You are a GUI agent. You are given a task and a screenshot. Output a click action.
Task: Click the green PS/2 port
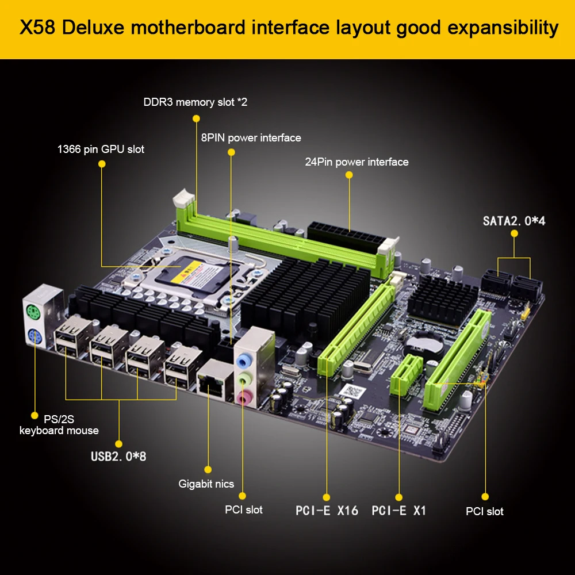click(x=33, y=314)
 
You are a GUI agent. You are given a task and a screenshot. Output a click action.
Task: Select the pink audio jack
click(x=245, y=397)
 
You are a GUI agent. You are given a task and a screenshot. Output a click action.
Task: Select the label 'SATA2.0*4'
click(x=513, y=220)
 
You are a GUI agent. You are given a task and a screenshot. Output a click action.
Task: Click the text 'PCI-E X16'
click(x=327, y=510)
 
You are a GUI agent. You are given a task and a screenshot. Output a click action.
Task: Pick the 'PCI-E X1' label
click(x=398, y=510)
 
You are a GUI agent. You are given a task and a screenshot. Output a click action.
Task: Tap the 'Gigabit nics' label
click(x=206, y=484)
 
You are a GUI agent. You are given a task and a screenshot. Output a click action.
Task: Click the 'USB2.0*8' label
click(x=118, y=458)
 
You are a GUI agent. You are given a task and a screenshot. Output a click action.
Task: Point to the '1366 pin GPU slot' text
click(x=101, y=149)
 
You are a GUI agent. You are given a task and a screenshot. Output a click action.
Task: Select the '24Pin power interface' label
click(x=356, y=162)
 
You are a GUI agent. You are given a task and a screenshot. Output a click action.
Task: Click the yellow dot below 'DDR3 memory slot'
click(x=195, y=118)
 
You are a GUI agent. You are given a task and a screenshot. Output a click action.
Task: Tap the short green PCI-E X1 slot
click(x=404, y=374)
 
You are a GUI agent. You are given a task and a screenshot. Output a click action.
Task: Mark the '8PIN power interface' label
click(x=251, y=138)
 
